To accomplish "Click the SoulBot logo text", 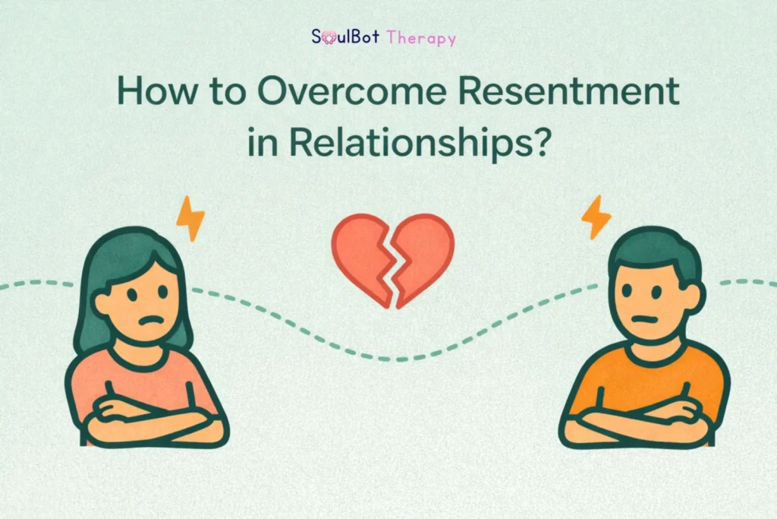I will [346, 36].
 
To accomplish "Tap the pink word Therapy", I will [421, 37].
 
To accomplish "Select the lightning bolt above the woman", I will [190, 218].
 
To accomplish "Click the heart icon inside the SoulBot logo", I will [328, 36].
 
